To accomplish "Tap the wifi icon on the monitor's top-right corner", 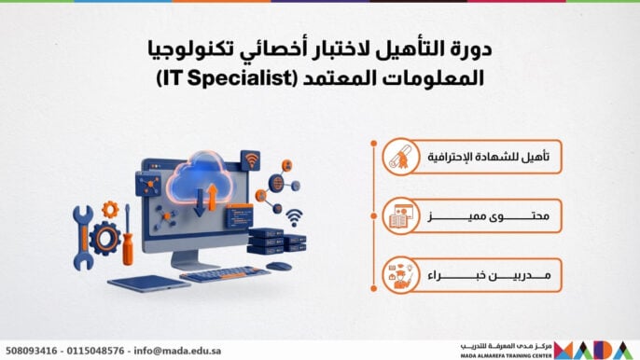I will click(250, 160).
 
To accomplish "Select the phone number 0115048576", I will click(96, 349).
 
